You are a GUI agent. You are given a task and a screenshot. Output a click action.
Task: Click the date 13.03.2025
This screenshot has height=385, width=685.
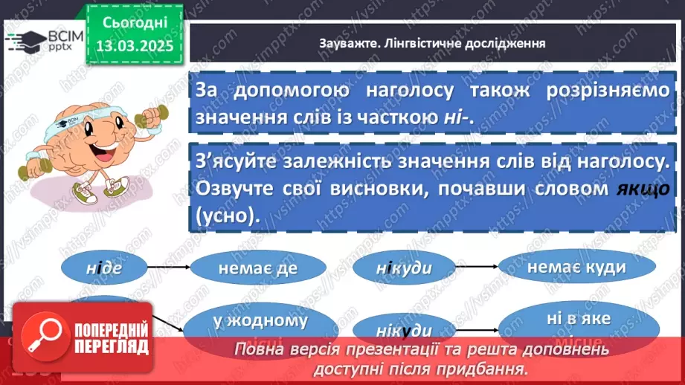(x=134, y=45)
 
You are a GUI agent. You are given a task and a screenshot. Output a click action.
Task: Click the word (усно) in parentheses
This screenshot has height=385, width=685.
(x=224, y=215)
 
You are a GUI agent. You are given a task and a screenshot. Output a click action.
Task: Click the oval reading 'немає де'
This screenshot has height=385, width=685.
(x=257, y=271)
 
